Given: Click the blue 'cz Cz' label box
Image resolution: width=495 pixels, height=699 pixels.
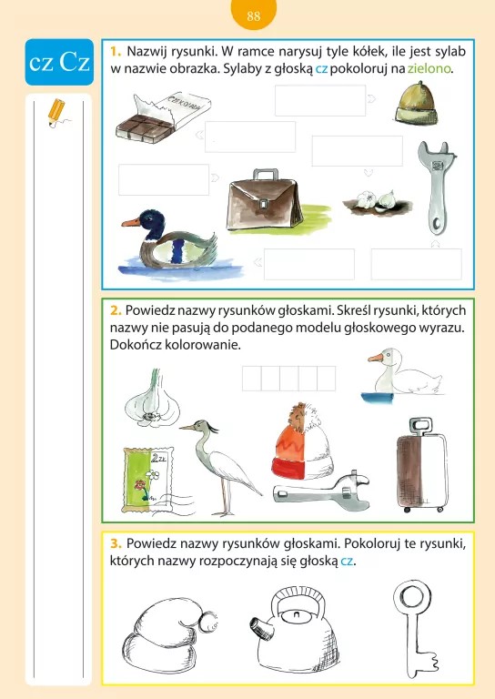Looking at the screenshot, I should coord(59,62).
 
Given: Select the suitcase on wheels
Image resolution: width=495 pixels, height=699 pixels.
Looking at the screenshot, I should coord(421,466).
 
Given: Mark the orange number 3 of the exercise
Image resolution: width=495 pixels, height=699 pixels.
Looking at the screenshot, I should coord(116,543).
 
